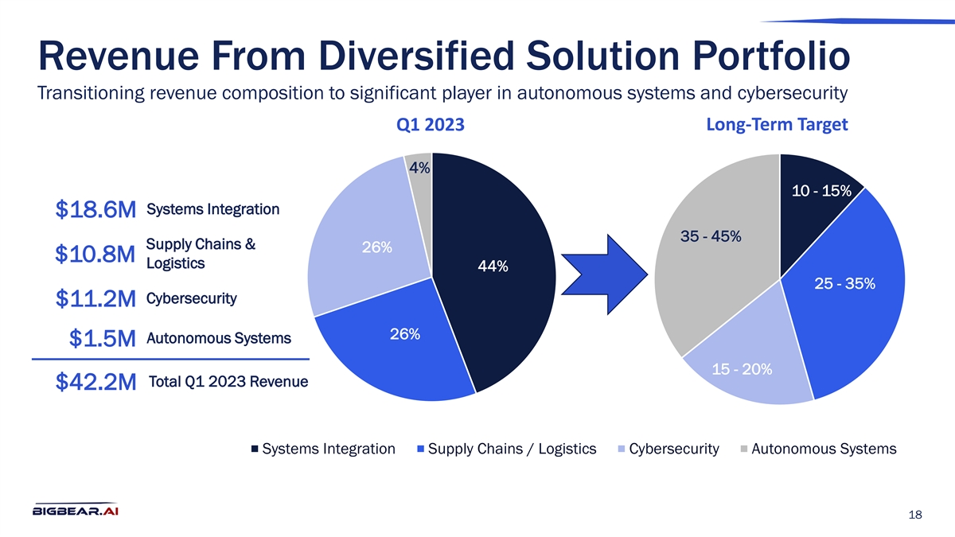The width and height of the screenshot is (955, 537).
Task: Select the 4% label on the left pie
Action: click(x=419, y=168)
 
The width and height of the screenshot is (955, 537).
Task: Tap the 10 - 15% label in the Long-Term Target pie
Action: click(x=821, y=191)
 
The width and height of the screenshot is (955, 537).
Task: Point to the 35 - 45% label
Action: click(x=711, y=236)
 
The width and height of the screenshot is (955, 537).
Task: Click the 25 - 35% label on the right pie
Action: click(x=844, y=283)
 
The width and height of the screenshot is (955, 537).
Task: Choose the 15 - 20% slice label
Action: click(x=742, y=370)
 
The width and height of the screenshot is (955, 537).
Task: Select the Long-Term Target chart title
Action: click(x=777, y=125)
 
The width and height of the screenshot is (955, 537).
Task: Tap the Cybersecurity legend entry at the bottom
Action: click(x=672, y=449)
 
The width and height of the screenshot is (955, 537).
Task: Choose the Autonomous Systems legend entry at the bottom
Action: click(x=822, y=449)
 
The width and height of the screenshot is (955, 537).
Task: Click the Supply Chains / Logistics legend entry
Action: click(x=511, y=449)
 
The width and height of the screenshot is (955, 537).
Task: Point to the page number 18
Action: click(x=914, y=516)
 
